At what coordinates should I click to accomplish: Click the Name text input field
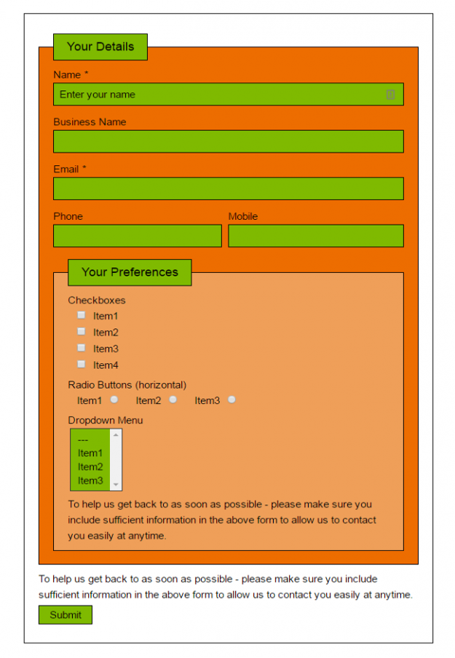tap(218, 95)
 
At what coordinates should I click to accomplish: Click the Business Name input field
tap(228, 141)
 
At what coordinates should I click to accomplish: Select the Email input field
tap(228, 189)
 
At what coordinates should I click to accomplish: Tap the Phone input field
tap(137, 236)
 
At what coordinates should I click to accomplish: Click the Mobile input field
tap(315, 236)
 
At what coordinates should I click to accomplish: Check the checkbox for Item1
tap(82, 315)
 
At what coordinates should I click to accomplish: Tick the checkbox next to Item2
tap(82, 332)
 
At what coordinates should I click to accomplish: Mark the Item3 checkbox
tap(82, 348)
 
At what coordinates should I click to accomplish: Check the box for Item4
tap(82, 364)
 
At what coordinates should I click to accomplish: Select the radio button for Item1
tap(114, 400)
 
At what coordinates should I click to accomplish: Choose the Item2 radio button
tap(173, 400)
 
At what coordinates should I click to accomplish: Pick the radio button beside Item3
tap(232, 400)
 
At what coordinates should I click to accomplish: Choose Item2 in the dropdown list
tap(90, 467)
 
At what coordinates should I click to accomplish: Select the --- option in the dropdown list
tap(83, 440)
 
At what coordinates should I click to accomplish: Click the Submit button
tap(66, 615)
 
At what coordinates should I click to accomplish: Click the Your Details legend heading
tap(100, 47)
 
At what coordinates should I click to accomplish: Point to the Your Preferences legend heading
tap(130, 272)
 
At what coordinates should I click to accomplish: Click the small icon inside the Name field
tap(391, 95)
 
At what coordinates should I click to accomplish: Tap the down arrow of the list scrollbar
tap(116, 485)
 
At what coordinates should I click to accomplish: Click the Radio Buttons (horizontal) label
tap(127, 385)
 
